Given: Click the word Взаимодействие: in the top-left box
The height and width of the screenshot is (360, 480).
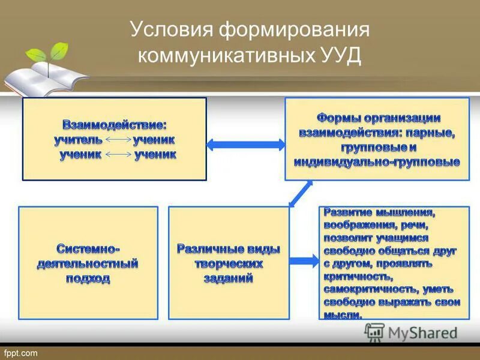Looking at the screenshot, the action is click(114, 125).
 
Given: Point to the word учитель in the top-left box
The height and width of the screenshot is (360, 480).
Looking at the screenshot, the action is click(78, 140).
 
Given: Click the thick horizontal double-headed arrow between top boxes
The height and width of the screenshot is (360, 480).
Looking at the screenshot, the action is click(245, 144).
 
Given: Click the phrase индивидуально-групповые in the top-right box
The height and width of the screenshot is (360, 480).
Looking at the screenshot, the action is click(377, 162).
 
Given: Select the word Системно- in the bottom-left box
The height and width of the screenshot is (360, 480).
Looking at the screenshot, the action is click(89, 248).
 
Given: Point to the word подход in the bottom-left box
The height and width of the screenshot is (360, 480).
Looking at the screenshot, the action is click(89, 278).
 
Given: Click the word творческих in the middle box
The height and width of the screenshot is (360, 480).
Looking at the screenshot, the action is click(229, 263).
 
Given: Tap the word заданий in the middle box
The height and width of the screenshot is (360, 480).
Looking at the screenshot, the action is click(229, 278).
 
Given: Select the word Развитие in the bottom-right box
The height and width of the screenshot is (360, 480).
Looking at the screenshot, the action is click(347, 212).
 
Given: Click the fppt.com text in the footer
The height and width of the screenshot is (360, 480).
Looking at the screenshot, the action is click(21, 353).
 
